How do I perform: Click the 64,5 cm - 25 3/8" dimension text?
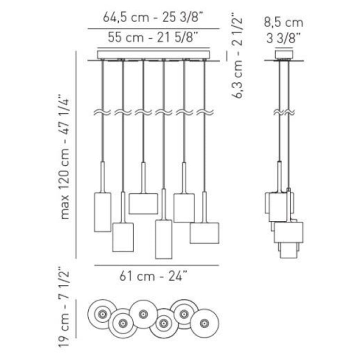(x=153, y=17)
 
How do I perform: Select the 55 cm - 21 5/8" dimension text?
(x=153, y=37)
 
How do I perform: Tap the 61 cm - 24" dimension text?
(x=153, y=276)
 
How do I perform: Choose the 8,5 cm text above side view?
(x=283, y=23)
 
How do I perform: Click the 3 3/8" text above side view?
(x=283, y=38)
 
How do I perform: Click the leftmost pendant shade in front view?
(x=103, y=212)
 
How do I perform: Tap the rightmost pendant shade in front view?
(x=204, y=233)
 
